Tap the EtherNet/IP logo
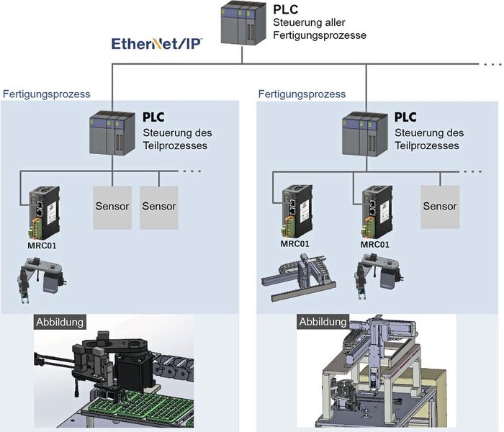tap(156, 44)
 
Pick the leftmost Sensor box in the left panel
tap(112, 207)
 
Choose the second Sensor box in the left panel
tap(158, 207)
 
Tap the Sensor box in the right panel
tap(440, 207)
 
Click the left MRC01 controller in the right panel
tap(295, 213)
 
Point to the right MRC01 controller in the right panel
tap(378, 213)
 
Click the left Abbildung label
tap(60, 322)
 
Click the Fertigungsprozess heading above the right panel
tap(302, 94)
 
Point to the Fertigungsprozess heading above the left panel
tap(47, 94)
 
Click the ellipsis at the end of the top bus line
tap(491, 65)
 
